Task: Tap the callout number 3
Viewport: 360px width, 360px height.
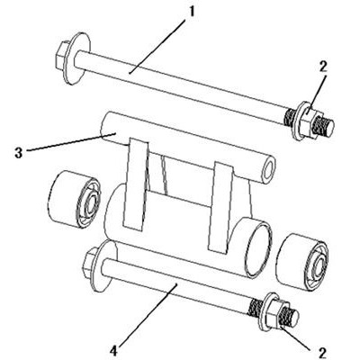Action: pyautogui.click(x=19, y=153)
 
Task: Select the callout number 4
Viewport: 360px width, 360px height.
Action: pyautogui.click(x=115, y=350)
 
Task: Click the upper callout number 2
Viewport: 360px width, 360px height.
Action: pyautogui.click(x=323, y=67)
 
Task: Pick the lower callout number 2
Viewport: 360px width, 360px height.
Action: pyautogui.click(x=323, y=353)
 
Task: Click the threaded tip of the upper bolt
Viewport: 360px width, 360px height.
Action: pyautogui.click(x=327, y=127)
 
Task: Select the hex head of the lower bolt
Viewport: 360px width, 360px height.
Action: pyautogui.click(x=91, y=262)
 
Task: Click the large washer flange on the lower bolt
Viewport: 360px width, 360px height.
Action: pyautogui.click(x=106, y=266)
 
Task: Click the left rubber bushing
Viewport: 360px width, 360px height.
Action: pyautogui.click(x=74, y=202)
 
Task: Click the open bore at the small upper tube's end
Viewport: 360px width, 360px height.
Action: pyautogui.click(x=269, y=169)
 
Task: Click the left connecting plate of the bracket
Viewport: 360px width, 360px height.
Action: pyautogui.click(x=137, y=184)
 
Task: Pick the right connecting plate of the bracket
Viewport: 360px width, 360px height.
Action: pyautogui.click(x=222, y=207)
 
